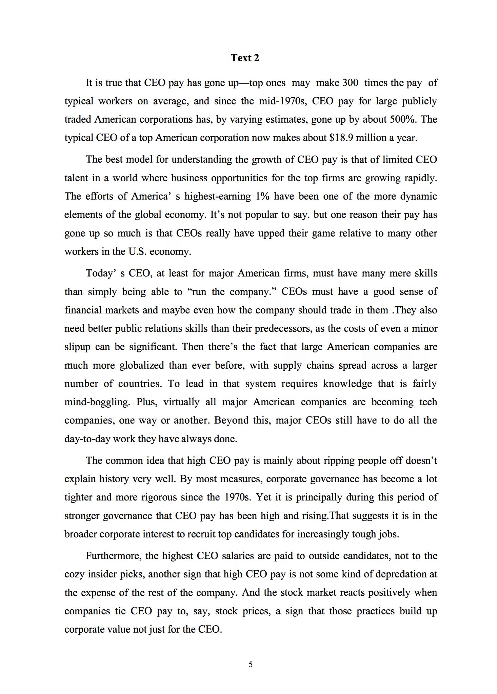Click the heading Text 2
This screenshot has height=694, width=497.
pyautogui.click(x=245, y=58)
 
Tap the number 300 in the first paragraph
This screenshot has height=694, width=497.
pyautogui.click(x=350, y=83)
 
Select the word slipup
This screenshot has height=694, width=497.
pyautogui.click(x=77, y=347)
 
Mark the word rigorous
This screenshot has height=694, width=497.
pyautogui.click(x=159, y=497)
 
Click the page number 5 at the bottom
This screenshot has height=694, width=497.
pyautogui.click(x=251, y=664)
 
